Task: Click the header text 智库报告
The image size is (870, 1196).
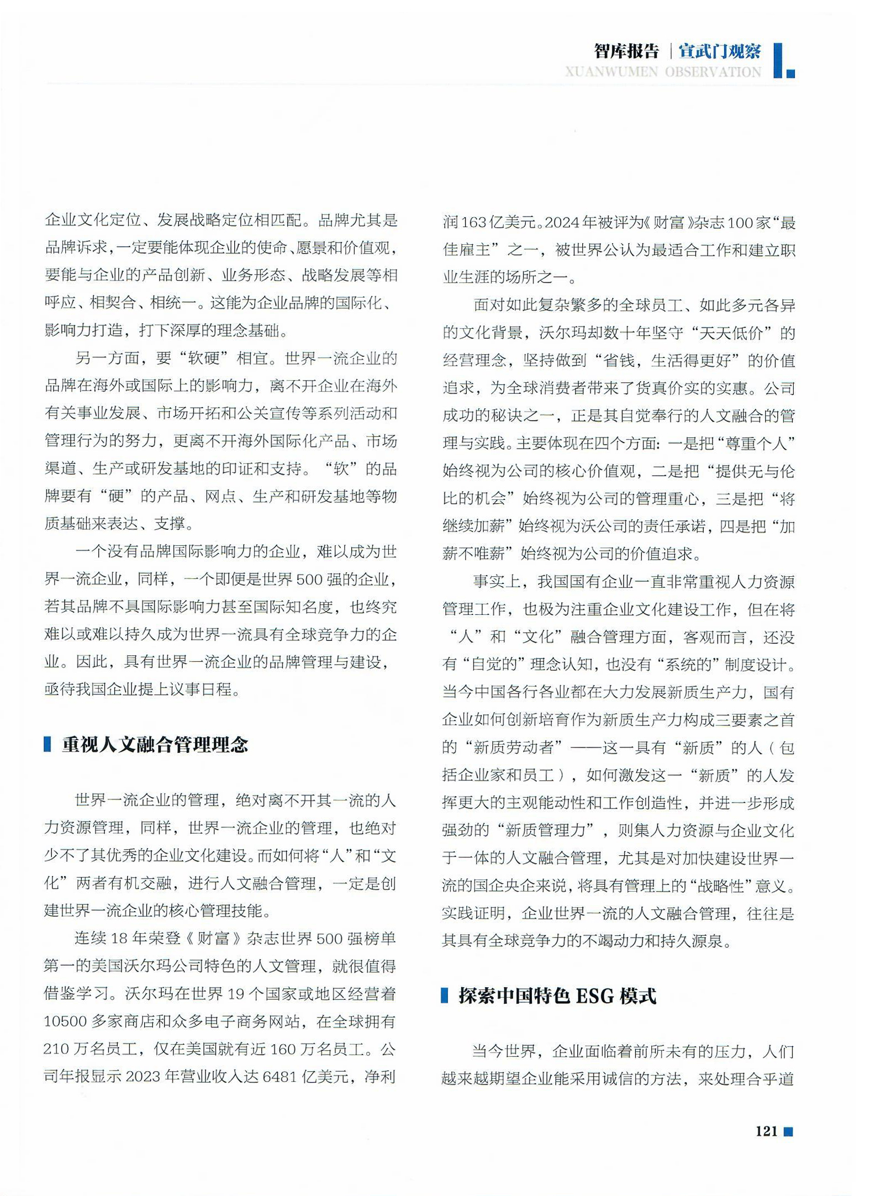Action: click(626, 51)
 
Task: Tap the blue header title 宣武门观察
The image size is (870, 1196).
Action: click(719, 51)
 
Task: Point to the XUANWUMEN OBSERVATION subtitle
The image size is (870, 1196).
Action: click(663, 72)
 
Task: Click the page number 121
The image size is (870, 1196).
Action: click(766, 1131)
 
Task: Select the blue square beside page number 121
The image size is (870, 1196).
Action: click(789, 1131)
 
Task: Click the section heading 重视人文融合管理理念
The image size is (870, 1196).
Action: click(155, 745)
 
